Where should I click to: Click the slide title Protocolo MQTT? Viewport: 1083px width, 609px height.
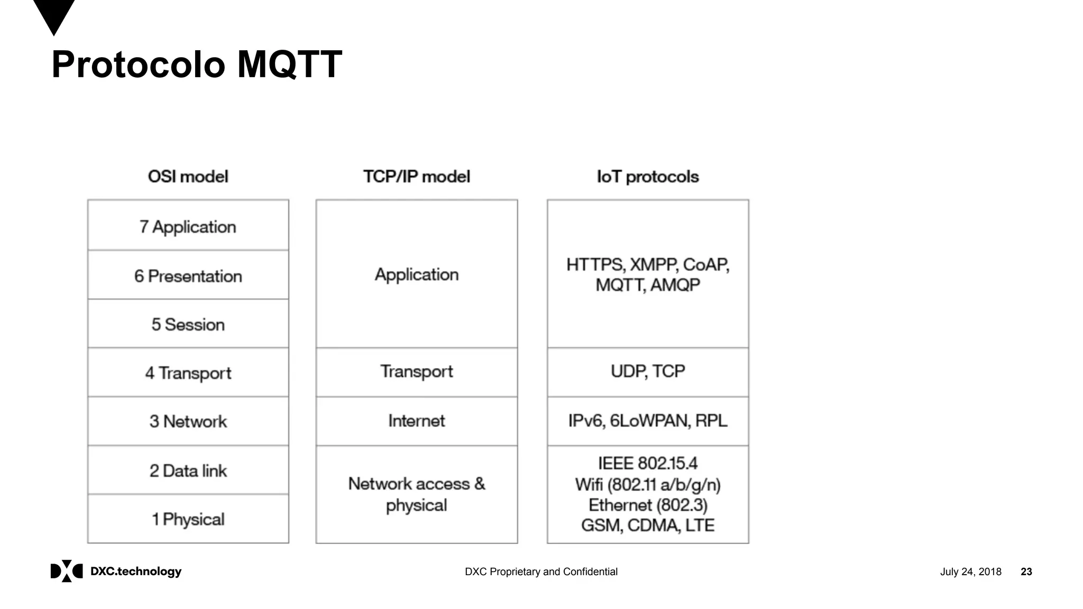point(197,64)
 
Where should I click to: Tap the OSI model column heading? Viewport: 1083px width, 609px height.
point(188,177)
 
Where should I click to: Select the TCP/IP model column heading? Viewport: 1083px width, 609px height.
point(416,177)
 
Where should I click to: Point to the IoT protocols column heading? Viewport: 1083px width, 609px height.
point(647,177)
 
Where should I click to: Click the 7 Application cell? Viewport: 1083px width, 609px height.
point(188,227)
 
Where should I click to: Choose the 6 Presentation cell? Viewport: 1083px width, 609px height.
point(188,276)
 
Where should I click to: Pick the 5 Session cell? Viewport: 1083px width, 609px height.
point(188,325)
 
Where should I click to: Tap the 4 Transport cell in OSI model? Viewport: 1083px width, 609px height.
point(188,373)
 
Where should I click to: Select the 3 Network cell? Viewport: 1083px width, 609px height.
point(188,421)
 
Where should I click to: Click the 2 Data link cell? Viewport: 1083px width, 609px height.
point(188,470)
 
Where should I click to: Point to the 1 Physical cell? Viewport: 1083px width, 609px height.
point(188,519)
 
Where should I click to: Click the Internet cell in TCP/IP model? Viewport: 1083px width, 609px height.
point(416,421)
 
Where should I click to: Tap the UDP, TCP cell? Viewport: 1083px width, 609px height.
point(647,371)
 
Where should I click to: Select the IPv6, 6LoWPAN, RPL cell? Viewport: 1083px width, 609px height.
point(647,421)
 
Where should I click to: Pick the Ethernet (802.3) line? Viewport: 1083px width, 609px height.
point(647,505)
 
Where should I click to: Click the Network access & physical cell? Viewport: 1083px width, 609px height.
point(416,494)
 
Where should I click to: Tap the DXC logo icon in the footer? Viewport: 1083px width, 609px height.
point(67,571)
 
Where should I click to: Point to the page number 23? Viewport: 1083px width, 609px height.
point(1026,571)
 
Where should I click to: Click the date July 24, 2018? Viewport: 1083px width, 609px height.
point(970,571)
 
